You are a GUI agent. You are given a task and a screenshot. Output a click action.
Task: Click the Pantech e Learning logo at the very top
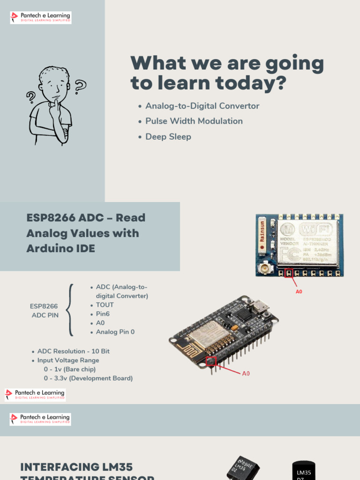click(40, 18)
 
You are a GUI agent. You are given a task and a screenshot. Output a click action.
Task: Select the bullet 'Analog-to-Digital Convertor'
click(202, 106)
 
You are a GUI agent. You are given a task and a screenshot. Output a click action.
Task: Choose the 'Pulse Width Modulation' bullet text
click(194, 121)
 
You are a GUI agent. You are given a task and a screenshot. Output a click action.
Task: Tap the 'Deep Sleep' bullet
click(168, 136)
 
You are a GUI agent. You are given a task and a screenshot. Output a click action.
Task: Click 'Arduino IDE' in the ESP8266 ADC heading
click(61, 248)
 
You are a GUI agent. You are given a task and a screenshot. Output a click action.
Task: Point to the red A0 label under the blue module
click(299, 292)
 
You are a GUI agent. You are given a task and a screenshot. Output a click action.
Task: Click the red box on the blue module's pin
click(289, 272)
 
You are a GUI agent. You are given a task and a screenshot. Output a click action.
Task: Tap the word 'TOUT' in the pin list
click(105, 305)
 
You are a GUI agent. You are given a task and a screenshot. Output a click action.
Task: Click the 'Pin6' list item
click(103, 314)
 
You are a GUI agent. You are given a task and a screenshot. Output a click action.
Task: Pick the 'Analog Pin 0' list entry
click(115, 332)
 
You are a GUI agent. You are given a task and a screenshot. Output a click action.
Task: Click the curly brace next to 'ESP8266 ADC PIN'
click(70, 309)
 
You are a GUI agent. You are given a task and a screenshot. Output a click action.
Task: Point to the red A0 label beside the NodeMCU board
click(246, 374)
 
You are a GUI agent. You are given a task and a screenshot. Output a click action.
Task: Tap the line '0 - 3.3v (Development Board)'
click(88, 378)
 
